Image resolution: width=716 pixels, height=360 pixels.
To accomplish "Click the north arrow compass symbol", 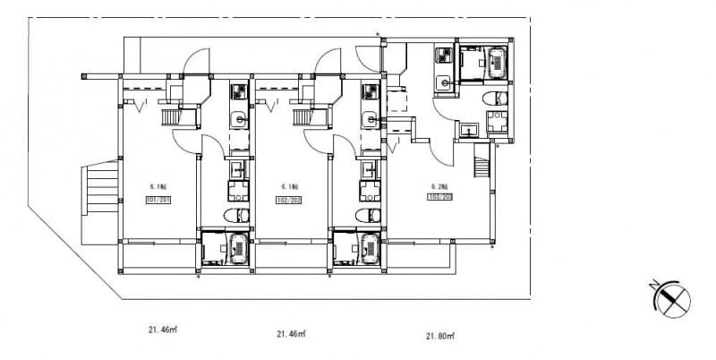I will (673, 299).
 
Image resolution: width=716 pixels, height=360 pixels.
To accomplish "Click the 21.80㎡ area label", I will (439, 336).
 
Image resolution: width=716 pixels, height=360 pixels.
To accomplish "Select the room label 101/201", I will (158, 199).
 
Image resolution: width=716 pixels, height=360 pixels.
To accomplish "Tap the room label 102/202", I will (289, 199).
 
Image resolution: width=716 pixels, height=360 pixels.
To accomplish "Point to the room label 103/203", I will (439, 196).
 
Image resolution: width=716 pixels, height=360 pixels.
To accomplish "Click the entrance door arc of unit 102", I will (328, 62).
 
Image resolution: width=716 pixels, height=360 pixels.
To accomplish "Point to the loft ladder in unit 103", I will (482, 164).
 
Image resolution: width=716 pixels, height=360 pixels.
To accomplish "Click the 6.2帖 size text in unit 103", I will (439, 186).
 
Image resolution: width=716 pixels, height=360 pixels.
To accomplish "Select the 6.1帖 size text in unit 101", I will (157, 187).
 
